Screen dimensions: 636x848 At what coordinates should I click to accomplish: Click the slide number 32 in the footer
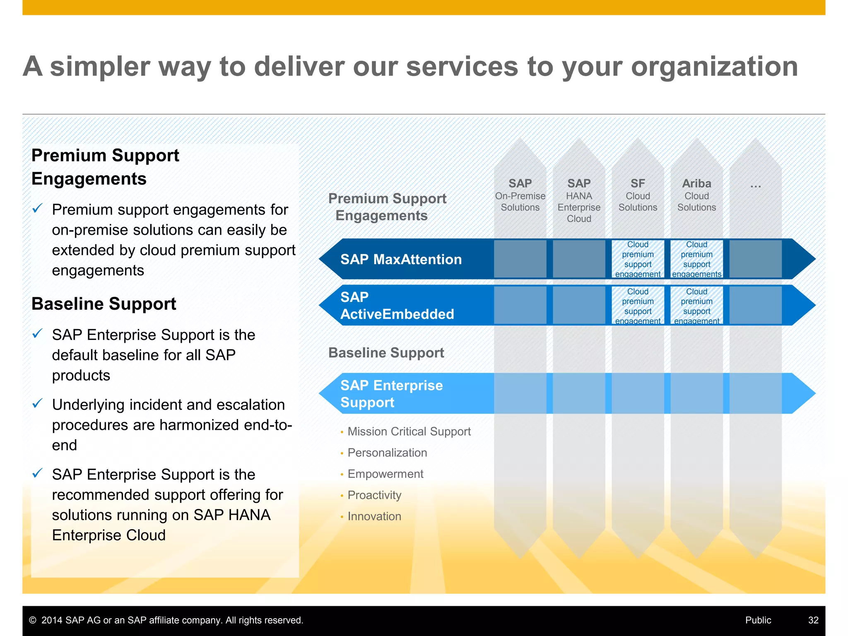point(813,620)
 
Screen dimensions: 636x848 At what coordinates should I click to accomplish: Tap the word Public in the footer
point(758,620)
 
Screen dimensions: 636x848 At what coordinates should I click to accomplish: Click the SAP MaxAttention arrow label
point(401,259)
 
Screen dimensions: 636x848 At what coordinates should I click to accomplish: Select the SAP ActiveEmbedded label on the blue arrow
point(397,306)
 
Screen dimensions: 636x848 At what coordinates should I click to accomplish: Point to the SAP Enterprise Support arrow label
point(391,394)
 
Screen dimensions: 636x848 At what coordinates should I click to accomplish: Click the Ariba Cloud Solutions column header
point(696,195)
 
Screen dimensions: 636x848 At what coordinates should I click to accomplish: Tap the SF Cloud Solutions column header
point(638,195)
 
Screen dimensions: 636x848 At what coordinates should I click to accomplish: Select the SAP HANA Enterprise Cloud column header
point(579,200)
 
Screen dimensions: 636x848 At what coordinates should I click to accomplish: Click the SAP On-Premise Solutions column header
point(520,195)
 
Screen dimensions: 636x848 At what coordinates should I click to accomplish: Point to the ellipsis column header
point(755,185)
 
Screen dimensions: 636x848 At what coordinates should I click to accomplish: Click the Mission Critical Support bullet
point(409,431)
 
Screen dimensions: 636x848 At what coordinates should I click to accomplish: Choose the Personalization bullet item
point(387,453)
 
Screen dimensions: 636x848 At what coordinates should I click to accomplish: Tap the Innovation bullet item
point(374,516)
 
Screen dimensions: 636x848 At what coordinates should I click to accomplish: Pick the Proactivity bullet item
point(374,495)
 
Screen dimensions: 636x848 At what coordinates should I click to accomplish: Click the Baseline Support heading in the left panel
point(104,304)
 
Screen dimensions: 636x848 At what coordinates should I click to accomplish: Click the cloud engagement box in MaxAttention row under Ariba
point(696,259)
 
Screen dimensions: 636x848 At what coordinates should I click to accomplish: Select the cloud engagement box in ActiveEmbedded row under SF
point(638,306)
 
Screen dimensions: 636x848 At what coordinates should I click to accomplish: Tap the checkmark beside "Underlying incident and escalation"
point(37,403)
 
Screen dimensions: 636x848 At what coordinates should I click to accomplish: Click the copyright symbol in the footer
point(33,620)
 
